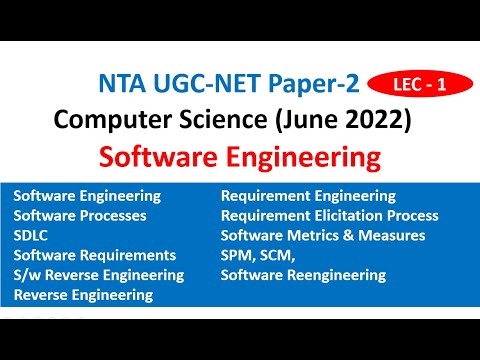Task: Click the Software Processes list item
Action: click(x=80, y=215)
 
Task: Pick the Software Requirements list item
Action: click(x=95, y=255)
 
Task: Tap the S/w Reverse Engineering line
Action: click(x=99, y=275)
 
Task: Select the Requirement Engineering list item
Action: click(x=308, y=196)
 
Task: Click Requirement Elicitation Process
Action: click(x=329, y=215)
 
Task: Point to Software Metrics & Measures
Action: click(x=323, y=235)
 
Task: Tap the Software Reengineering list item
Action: click(x=303, y=275)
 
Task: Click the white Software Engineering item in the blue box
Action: click(x=87, y=196)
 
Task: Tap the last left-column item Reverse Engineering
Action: click(x=83, y=295)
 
